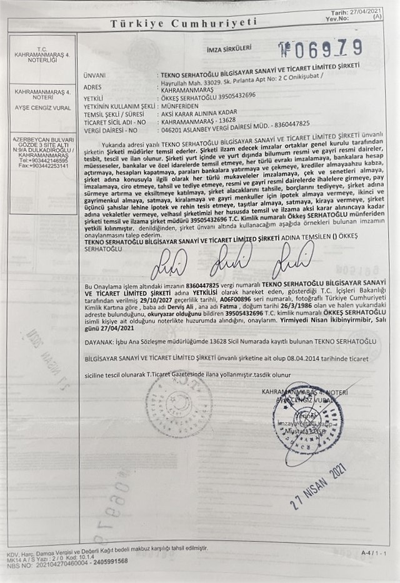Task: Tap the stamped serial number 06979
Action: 320,47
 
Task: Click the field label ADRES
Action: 92,86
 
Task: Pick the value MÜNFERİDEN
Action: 181,106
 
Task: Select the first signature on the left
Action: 169,263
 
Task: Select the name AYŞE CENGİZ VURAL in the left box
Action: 42,108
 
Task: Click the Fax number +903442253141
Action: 42,166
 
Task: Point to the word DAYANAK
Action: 98,342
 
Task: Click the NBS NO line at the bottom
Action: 67,560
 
